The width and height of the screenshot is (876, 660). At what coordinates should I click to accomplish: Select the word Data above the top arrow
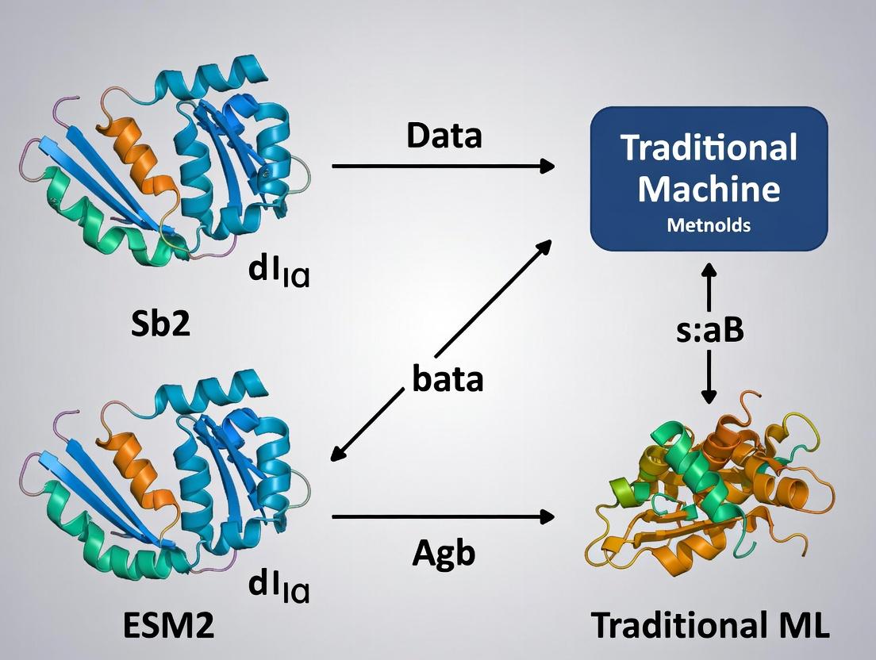pyautogui.click(x=444, y=136)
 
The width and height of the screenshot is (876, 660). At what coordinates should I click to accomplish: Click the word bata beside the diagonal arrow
pyautogui.click(x=448, y=379)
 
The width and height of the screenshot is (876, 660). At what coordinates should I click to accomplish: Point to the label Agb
pyautogui.click(x=444, y=552)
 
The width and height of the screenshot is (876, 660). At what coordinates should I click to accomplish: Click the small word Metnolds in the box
pyautogui.click(x=709, y=225)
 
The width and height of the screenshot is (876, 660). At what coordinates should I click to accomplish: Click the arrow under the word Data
pyautogui.click(x=443, y=166)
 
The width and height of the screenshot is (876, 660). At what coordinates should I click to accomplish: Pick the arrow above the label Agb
pyautogui.click(x=443, y=516)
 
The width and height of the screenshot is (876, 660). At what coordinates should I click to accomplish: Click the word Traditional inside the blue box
pyautogui.click(x=709, y=148)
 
